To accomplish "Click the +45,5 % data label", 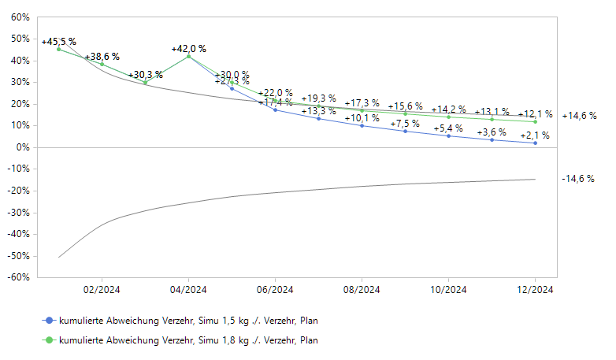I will point(59,42).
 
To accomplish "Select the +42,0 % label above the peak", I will point(188,48).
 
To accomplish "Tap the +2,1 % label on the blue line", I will point(535,135).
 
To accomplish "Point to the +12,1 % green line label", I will point(535,114).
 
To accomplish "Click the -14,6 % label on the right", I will point(579,179).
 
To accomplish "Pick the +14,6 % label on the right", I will point(579,116).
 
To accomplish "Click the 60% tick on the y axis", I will point(20,17).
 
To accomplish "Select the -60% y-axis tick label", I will point(19,277).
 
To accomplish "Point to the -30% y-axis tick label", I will point(19,213).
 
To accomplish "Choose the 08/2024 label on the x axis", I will point(362,290).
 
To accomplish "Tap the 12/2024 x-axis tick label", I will point(535,290).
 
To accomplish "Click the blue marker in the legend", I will point(49,321).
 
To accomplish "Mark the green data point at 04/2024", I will point(188,57).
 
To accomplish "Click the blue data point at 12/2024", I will point(535,143).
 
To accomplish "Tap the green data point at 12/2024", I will point(535,121).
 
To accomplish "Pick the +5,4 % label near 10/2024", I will point(448,128).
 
